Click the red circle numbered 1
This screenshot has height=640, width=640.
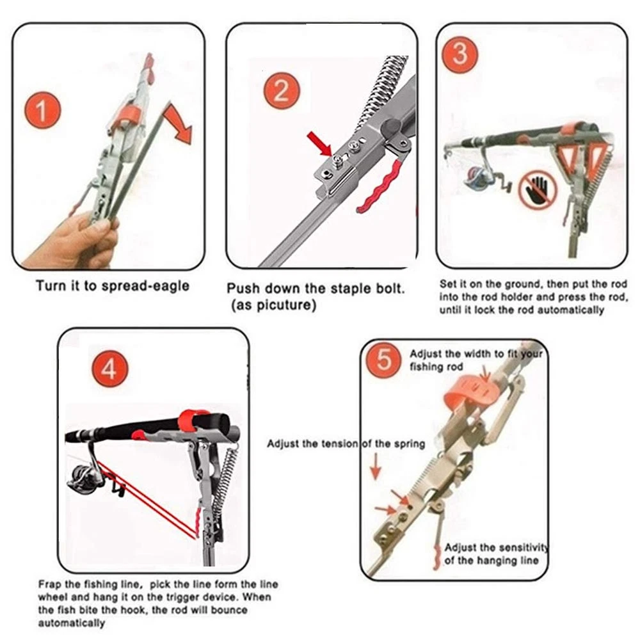[43, 110]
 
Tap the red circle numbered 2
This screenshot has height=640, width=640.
[282, 91]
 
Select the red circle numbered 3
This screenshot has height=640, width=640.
[460, 54]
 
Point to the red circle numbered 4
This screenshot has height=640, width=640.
[110, 369]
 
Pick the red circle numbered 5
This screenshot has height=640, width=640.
[383, 360]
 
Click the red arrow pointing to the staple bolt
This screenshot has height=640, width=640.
[321, 143]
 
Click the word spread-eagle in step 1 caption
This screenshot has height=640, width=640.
[145, 286]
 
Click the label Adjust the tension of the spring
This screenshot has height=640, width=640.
[346, 444]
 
